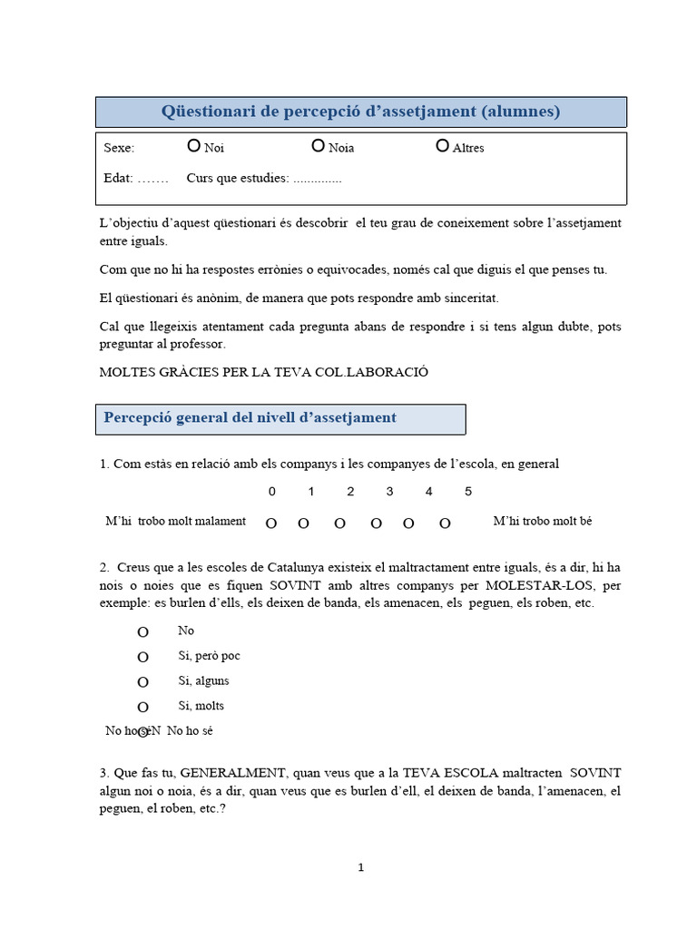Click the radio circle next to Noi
pos(193,145)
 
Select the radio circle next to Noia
pos(318,145)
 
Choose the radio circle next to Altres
pos(442,145)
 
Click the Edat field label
pos(118,178)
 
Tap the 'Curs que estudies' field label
pos(237,178)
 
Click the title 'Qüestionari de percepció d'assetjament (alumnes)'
pos(360,112)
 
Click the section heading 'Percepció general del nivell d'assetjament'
pos(250,417)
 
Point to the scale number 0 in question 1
pos(271,492)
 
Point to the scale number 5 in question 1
pos(467,492)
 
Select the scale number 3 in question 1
pos(389,492)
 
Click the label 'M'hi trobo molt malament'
pos(175,521)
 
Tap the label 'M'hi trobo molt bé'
pos(542,521)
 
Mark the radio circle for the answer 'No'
pos(142,632)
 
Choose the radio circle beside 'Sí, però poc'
pos(142,657)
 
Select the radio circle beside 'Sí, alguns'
pos(142,682)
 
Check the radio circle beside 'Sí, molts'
pos(142,707)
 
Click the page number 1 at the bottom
pos(360,867)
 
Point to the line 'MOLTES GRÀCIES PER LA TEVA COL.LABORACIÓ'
pos(263,372)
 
